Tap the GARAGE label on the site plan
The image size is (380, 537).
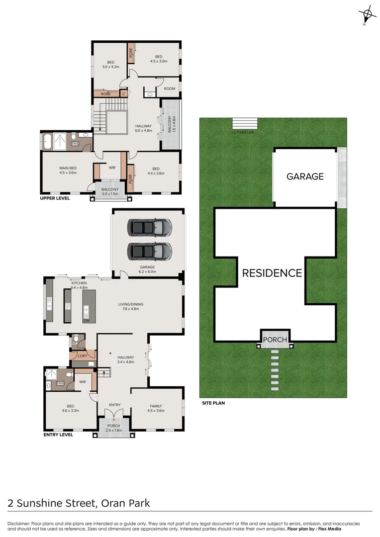click(x=305, y=176)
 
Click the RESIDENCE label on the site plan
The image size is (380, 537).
click(x=272, y=273)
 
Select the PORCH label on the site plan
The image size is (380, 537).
click(x=275, y=339)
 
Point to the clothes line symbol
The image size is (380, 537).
click(x=245, y=124)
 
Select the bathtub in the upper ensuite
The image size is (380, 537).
click(x=47, y=142)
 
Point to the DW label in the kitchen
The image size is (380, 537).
click(x=87, y=320)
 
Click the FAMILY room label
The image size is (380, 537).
click(x=156, y=406)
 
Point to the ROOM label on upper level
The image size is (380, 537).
click(x=170, y=89)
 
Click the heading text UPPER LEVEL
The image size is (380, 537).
click(x=55, y=198)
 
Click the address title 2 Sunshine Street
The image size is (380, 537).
click(x=51, y=503)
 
